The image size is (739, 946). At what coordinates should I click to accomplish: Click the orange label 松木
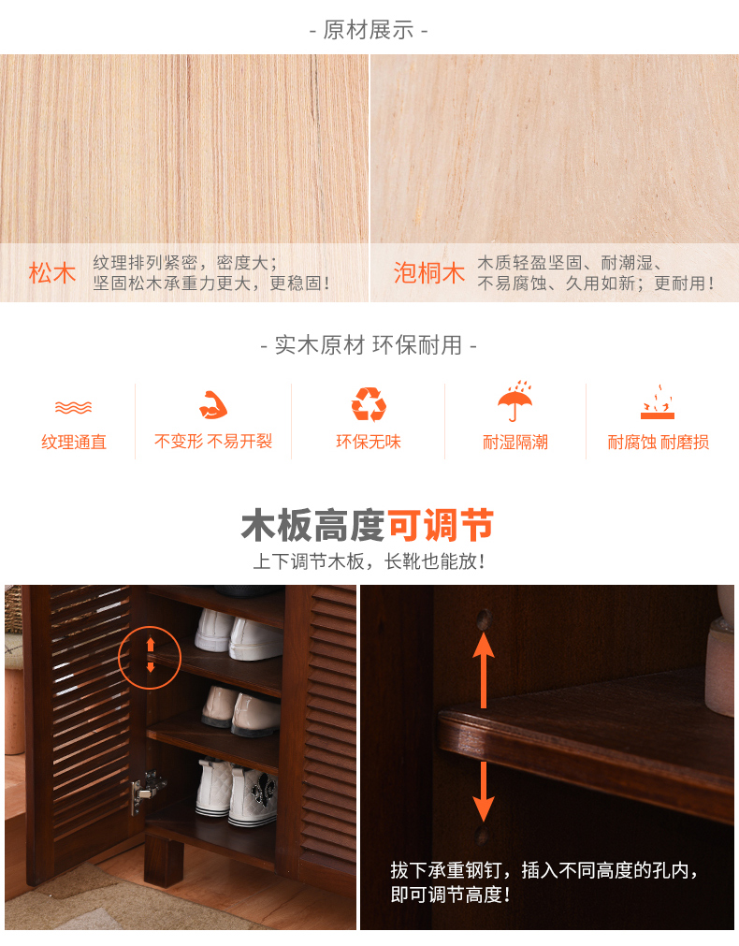pos(52,273)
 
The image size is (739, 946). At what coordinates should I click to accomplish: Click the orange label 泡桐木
pos(429,273)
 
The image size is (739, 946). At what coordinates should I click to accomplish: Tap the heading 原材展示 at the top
pos(369,30)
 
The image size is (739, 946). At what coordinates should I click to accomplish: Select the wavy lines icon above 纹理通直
pos(73,408)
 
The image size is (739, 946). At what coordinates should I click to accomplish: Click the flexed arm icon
pos(213,405)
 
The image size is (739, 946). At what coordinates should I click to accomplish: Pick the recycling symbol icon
pos(369,404)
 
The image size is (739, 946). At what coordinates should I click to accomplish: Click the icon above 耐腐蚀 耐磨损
pos(658,402)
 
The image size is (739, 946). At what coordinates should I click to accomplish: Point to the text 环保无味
pos(369,442)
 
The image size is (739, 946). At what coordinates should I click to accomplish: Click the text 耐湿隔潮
pos(515,443)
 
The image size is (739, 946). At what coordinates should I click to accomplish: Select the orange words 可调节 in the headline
pos(440,526)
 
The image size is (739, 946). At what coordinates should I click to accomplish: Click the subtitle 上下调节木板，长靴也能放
pos(369,561)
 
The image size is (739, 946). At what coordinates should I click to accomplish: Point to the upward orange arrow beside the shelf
pos(484,669)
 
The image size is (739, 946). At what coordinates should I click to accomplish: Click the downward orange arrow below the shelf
pos(484,792)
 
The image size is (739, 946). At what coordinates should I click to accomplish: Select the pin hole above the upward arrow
pos(484,618)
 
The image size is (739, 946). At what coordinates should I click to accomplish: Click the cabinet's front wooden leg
pos(164,860)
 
